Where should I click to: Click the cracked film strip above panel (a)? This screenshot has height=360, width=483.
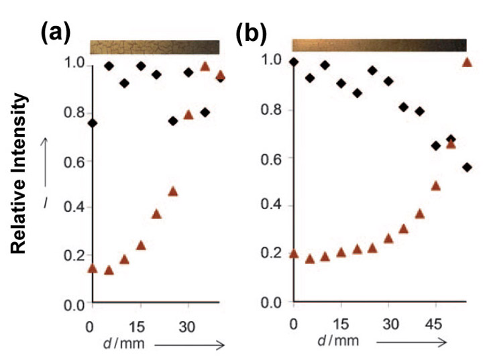155,47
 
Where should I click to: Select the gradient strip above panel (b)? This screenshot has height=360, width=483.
379,45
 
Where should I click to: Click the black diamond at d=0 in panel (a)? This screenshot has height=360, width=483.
92,123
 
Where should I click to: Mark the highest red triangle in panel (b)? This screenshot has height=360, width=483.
468,63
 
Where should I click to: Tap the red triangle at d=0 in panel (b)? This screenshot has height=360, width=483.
293,253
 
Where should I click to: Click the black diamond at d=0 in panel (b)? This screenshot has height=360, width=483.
293,62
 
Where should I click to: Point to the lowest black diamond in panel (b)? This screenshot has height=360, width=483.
468,167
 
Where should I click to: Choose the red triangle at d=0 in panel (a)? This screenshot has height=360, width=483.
93,269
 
